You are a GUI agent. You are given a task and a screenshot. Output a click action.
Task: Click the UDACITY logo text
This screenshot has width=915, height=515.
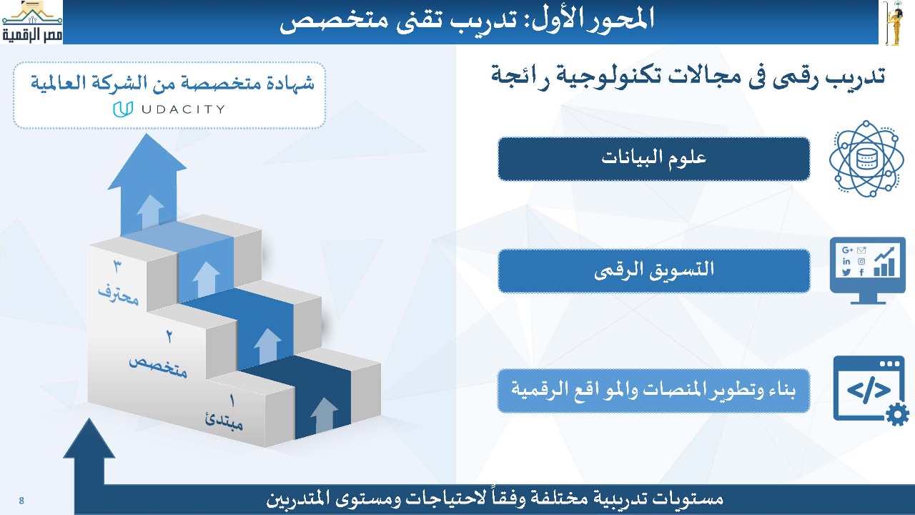pyautogui.click(x=184, y=109)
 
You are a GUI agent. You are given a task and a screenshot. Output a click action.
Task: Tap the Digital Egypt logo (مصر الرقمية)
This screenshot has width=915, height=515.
pyautogui.click(x=32, y=22)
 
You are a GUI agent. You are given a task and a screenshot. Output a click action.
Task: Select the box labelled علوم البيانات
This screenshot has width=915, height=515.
pyautogui.click(x=653, y=159)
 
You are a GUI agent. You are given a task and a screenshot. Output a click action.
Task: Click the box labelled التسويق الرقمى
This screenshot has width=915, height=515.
pyautogui.click(x=653, y=270)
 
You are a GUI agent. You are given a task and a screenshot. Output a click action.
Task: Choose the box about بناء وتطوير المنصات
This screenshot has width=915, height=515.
pyautogui.click(x=653, y=391)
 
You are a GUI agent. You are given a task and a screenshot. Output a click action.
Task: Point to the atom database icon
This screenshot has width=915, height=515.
pyautogui.click(x=866, y=159)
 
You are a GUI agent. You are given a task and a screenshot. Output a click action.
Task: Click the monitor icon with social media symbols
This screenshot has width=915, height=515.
pyautogui.click(x=868, y=270)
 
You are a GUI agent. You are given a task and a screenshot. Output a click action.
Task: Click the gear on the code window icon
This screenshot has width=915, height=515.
pyautogui.click(x=897, y=416)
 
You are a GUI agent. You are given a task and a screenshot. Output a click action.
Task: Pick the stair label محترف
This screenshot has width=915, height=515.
pyautogui.click(x=119, y=293)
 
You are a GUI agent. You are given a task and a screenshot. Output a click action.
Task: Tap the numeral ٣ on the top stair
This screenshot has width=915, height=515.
pyautogui.click(x=118, y=267)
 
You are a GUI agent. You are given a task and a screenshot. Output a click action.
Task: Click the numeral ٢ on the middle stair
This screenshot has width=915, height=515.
pyautogui.click(x=169, y=336)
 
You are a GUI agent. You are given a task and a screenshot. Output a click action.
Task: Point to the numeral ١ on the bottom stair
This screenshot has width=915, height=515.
pyautogui.click(x=232, y=401)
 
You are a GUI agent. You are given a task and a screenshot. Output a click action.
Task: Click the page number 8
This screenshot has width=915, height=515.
pyautogui.click(x=21, y=500)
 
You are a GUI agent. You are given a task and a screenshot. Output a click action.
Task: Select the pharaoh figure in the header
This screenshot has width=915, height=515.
pyautogui.click(x=894, y=22)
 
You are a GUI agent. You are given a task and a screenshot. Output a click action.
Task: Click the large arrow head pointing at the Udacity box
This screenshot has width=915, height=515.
pyautogui.click(x=147, y=162)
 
